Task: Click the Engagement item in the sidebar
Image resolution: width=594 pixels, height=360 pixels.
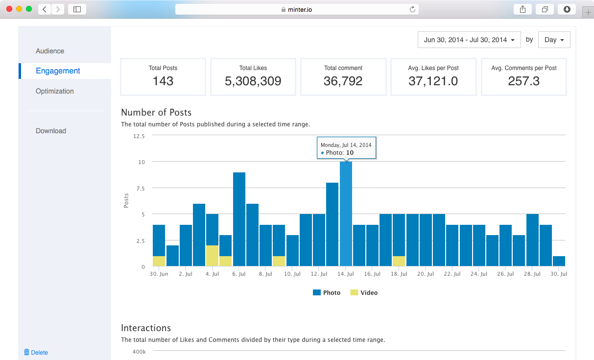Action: coord(58,71)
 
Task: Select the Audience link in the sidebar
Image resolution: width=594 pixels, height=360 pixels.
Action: coord(50,51)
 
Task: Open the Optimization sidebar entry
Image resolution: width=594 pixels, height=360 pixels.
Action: coord(55,91)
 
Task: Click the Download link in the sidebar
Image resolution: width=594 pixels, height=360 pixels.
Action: coord(51,131)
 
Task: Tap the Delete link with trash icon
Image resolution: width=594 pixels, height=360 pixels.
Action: coord(36,352)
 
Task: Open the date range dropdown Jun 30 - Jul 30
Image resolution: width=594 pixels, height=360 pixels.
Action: coord(469,40)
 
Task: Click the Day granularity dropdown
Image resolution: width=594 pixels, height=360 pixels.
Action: coord(554,40)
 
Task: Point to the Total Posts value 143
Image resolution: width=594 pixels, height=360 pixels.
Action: coord(163,81)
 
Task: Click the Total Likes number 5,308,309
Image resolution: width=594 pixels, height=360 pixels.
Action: coord(253,81)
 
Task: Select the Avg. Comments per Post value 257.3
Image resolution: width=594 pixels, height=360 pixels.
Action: coord(523,81)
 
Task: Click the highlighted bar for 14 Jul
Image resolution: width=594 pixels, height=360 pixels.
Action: coord(346,214)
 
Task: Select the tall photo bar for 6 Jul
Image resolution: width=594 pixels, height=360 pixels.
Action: coord(239,219)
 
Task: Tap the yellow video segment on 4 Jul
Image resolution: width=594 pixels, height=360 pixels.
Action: coord(212,256)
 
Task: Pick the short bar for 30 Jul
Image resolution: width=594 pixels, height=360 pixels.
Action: coord(559,261)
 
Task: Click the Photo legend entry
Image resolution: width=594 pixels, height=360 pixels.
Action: coord(327,292)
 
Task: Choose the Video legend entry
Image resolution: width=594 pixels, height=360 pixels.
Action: coord(364,292)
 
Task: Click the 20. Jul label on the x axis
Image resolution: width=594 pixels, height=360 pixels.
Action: coord(426,274)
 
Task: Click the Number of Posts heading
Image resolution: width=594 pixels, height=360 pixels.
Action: coord(156,113)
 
